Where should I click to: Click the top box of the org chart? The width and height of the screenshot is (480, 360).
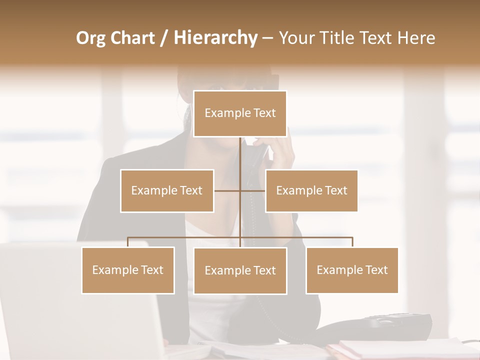point(240,113)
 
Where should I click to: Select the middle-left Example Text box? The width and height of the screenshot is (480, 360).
point(167,190)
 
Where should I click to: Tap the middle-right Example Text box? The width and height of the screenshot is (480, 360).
point(311,190)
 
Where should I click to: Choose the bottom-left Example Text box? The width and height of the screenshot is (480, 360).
point(128,270)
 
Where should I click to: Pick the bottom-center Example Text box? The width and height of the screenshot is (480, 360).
point(240,270)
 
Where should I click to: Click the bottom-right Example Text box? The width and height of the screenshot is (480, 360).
point(352,270)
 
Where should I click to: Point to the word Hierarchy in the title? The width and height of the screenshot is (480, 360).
point(215,38)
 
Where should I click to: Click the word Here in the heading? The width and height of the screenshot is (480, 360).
point(416,38)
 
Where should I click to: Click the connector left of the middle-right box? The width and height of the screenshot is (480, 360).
point(253,190)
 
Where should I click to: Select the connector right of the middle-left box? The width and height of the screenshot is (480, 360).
point(227,190)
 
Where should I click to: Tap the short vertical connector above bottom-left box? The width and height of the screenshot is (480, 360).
point(128,242)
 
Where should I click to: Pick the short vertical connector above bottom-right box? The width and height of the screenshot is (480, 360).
point(352,242)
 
